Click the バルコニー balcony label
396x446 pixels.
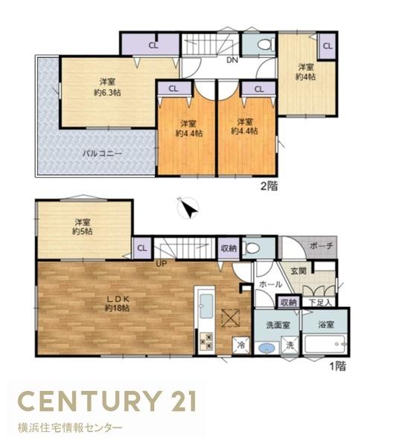(102, 154)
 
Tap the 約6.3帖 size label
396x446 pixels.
(107, 93)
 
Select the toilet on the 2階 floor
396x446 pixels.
(266, 45)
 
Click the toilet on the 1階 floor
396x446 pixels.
(253, 248)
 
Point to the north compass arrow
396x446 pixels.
(188, 210)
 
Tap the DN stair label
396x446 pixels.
(232, 60)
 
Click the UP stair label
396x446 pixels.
(161, 264)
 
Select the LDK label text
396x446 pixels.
(118, 300)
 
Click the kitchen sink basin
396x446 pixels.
(206, 306)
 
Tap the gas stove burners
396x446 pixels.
(206, 341)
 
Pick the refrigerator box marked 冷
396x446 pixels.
(241, 346)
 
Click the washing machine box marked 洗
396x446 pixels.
(290, 346)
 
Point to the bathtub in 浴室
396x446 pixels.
(325, 345)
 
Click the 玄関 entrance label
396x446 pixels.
(298, 271)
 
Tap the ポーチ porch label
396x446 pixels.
(322, 246)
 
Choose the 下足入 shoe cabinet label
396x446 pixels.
(320, 303)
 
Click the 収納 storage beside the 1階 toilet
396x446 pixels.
(229, 248)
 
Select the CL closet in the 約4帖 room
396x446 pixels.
(328, 46)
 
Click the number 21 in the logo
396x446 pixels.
(182, 401)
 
